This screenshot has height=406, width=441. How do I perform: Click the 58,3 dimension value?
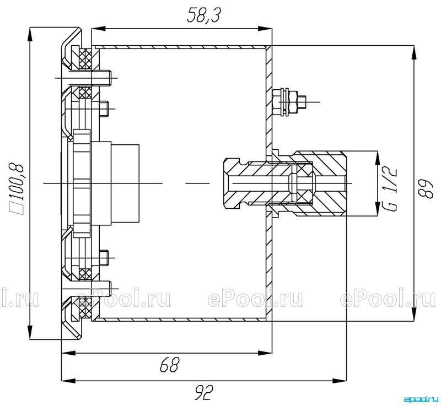(x=203, y=15)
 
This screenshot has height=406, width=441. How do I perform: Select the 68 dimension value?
(x=169, y=365)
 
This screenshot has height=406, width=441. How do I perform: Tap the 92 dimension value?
(x=204, y=393)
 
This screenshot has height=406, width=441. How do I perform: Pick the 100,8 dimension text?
(x=18, y=181)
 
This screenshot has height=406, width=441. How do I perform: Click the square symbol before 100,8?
(x=19, y=208)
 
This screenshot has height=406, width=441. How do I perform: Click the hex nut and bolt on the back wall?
(x=290, y=102)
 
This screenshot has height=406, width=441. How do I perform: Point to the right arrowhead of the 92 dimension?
(x=340, y=381)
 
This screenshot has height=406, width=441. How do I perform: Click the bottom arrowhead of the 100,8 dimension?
(x=30, y=333)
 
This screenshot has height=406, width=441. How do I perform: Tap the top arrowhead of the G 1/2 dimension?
(x=377, y=158)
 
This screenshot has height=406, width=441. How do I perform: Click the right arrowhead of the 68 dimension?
(x=265, y=353)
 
